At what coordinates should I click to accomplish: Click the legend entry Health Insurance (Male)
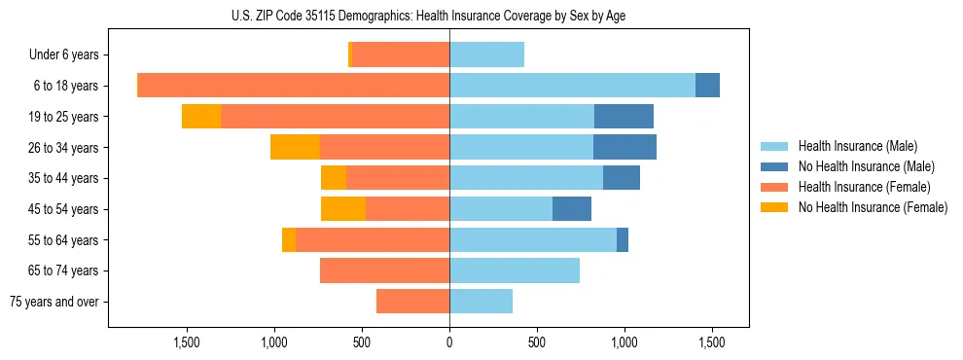(x=857, y=146)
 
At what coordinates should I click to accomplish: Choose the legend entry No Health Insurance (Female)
(x=873, y=207)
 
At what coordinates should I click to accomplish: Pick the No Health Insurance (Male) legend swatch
(x=775, y=166)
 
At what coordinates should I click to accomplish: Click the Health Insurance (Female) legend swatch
(x=775, y=187)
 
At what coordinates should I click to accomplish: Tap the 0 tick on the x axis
(x=449, y=342)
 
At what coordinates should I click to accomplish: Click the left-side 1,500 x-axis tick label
(x=187, y=342)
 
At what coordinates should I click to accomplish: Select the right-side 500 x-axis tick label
(x=537, y=342)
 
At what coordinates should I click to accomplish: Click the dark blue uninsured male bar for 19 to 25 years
(x=624, y=117)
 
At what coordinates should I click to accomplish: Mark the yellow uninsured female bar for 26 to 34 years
(x=295, y=147)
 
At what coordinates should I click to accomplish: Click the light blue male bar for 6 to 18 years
(x=572, y=86)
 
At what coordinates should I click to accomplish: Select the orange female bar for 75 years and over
(x=412, y=302)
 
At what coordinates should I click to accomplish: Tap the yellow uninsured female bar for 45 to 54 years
(x=343, y=209)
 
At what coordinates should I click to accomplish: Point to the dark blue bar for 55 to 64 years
(x=623, y=240)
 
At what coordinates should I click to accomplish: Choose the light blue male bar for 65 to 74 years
(x=515, y=270)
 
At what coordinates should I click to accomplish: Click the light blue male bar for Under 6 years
(x=486, y=54)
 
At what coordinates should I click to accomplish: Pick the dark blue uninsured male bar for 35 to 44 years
(x=622, y=178)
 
